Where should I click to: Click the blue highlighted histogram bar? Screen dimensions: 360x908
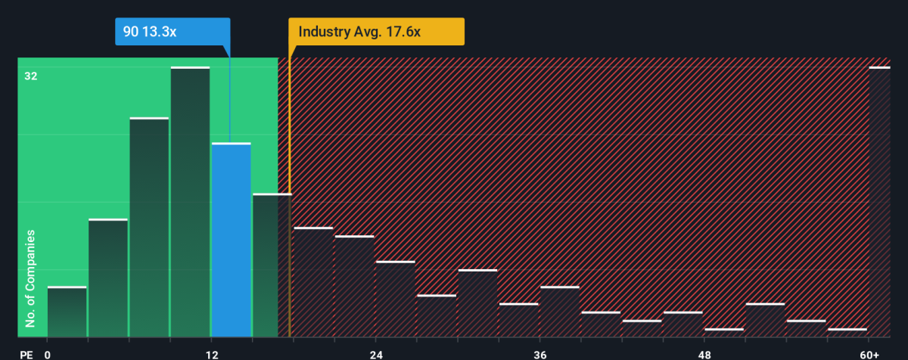(x=231, y=240)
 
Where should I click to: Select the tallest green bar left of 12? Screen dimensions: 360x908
(x=190, y=202)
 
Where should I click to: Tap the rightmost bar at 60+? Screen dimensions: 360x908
(x=879, y=202)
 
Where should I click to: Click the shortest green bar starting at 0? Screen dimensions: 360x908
(x=67, y=312)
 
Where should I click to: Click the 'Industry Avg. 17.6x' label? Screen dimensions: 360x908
(x=376, y=32)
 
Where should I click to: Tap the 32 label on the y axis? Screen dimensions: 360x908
(x=30, y=76)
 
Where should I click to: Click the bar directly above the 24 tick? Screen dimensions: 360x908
(x=395, y=299)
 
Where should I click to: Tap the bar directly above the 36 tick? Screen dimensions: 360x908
(x=559, y=312)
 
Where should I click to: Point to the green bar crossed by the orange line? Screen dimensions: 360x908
(x=272, y=265)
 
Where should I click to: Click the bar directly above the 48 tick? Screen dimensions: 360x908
(x=723, y=333)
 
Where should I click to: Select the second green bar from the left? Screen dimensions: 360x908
(x=107, y=278)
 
